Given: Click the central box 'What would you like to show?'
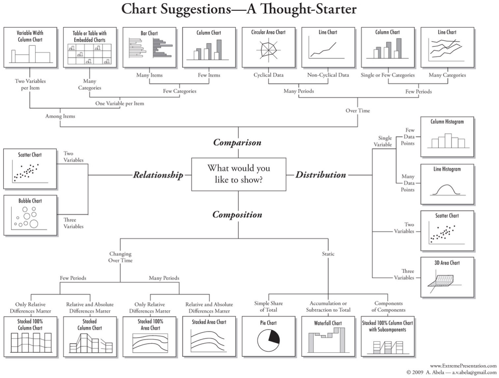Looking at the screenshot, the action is [x=239, y=174].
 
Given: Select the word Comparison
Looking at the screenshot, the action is [x=237, y=143].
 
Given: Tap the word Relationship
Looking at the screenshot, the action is [x=158, y=175].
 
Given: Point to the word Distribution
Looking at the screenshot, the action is [x=321, y=175].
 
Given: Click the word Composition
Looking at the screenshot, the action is [x=237, y=215].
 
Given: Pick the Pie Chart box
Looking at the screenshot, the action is [x=268, y=336].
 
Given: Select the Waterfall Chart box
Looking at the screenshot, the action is [x=328, y=336].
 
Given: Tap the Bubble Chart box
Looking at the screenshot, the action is [x=30, y=215].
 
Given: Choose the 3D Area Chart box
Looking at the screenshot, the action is [x=447, y=277].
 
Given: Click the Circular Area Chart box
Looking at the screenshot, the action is [x=268, y=47].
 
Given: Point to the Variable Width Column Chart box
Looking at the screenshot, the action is [x=30, y=47].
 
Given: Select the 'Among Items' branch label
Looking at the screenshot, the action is [x=60, y=116].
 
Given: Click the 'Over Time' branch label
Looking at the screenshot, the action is [x=358, y=111].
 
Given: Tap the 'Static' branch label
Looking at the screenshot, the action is [x=328, y=253].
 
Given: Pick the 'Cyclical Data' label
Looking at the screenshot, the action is [x=268, y=75].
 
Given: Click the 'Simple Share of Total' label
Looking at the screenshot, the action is [x=268, y=306].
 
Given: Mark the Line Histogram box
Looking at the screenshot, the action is [x=447, y=184].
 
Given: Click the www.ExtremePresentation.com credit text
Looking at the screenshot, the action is [x=463, y=366].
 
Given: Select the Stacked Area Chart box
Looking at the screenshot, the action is [x=209, y=336].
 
